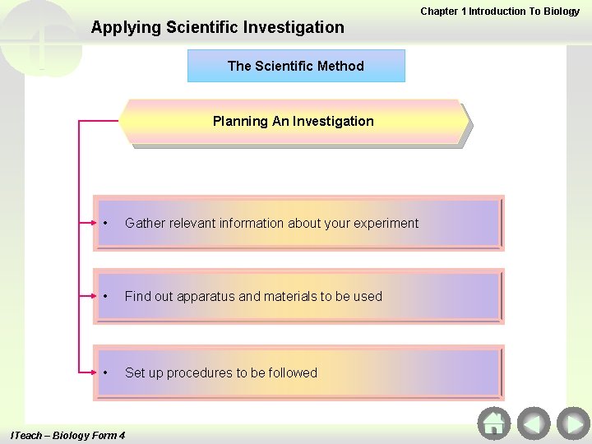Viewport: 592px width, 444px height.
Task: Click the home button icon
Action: (493, 423)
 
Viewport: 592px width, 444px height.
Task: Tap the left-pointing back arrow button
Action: (534, 423)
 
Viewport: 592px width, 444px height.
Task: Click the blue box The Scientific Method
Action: (296, 66)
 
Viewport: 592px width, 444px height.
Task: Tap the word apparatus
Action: (206, 297)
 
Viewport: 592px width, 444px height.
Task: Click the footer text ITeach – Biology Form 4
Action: (67, 435)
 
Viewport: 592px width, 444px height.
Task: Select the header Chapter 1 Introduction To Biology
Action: (500, 12)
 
